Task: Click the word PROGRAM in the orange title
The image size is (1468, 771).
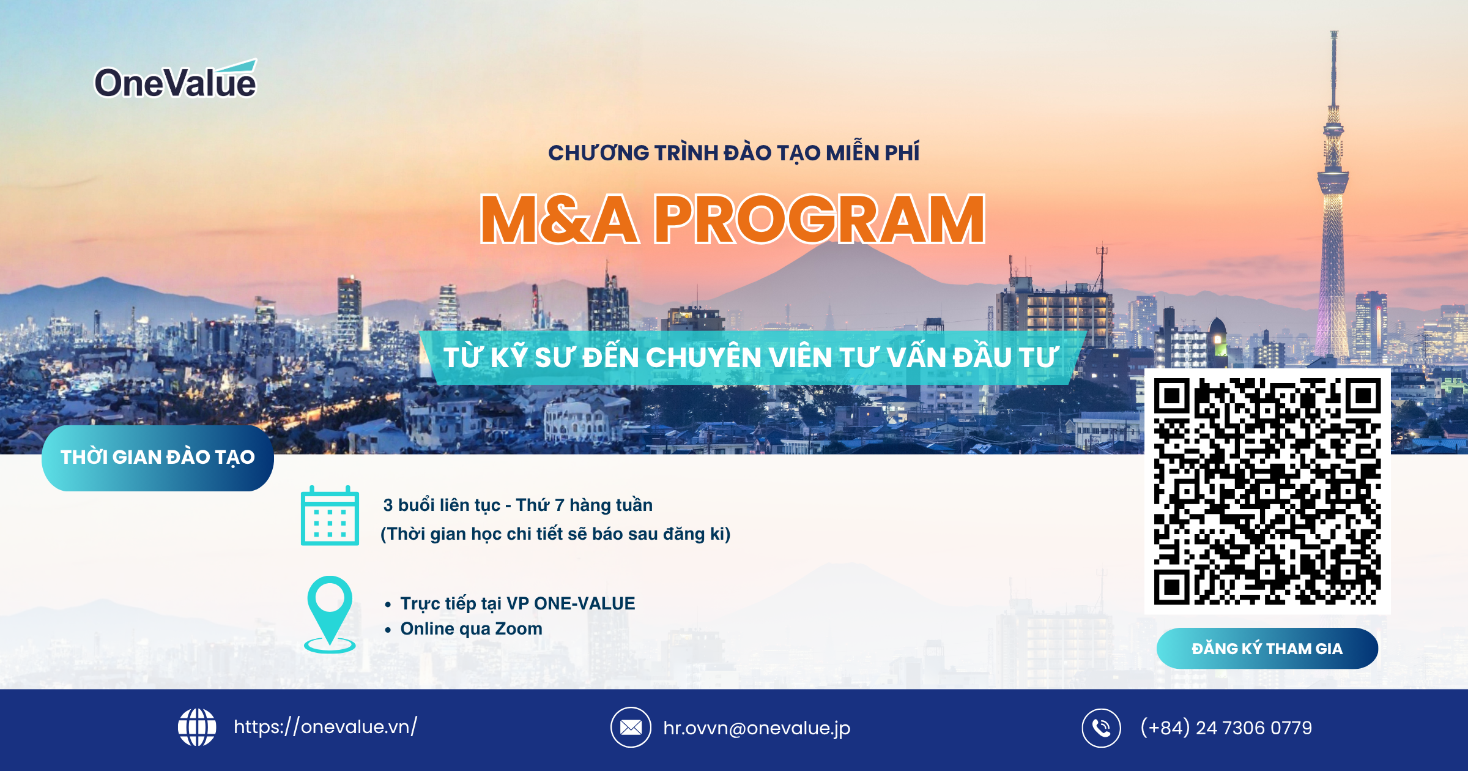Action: tap(820, 219)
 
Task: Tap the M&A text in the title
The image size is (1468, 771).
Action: tap(559, 219)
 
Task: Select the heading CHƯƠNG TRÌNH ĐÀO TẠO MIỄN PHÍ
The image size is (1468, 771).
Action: tap(733, 152)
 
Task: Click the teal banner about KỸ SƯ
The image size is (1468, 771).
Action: tap(752, 358)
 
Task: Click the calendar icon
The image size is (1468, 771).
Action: tap(330, 515)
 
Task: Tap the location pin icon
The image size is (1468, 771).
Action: tap(330, 614)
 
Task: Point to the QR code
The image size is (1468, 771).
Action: tap(1267, 491)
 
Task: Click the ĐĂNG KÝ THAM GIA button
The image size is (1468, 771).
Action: tap(1267, 649)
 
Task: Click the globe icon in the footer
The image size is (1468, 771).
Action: tap(197, 728)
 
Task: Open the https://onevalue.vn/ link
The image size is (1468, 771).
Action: tap(325, 727)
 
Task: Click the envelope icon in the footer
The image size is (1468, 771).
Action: tap(631, 728)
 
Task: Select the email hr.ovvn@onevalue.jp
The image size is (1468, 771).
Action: tap(757, 728)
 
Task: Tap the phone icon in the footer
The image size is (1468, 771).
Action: tap(1102, 728)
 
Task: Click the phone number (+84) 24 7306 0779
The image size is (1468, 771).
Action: tap(1226, 728)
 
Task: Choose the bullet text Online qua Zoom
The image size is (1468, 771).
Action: tap(472, 628)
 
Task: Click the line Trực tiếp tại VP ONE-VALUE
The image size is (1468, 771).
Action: tap(517, 603)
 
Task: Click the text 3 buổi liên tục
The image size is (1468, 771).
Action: tap(442, 505)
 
